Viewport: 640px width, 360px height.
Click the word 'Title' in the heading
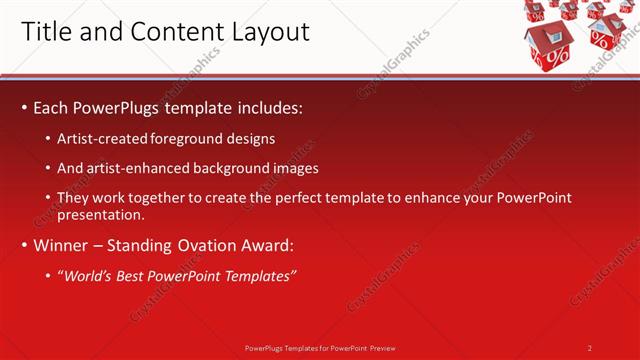coord(44,32)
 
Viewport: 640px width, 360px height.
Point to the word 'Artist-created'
coord(104,139)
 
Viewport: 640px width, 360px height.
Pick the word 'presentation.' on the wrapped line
coord(103,214)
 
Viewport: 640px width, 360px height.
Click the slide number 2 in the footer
coord(590,347)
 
